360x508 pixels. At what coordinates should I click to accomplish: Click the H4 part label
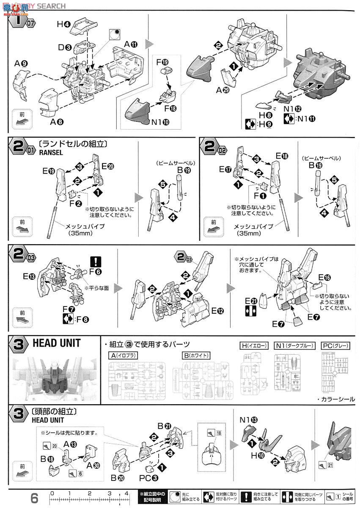[x=63, y=25]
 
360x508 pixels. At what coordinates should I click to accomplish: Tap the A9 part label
[x=21, y=64]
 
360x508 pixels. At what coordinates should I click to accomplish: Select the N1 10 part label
[x=161, y=123]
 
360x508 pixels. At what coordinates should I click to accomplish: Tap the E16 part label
[x=324, y=278]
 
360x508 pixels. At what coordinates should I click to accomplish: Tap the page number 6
[x=34, y=497]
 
